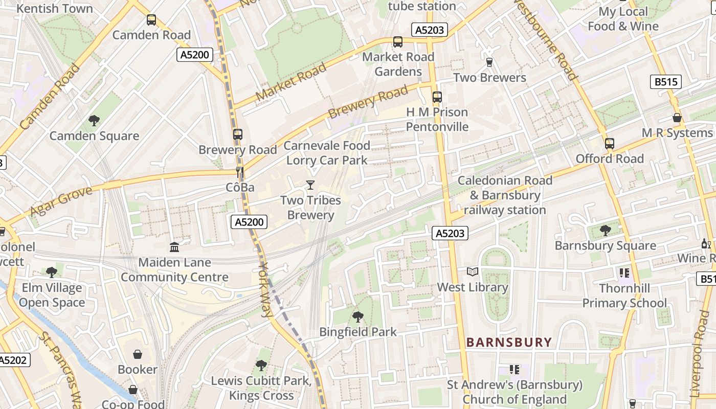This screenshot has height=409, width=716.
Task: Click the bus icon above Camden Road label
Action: [x=151, y=20]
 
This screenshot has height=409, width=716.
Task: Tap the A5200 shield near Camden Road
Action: [x=195, y=55]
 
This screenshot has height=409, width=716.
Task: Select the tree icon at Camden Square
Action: [x=94, y=121]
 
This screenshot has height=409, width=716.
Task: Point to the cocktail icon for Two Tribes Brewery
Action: [x=310, y=185]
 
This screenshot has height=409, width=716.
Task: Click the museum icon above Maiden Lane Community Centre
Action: [x=174, y=247]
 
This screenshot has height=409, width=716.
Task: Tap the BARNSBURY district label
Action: [x=509, y=342]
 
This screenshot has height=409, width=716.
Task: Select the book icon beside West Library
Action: [x=473, y=272]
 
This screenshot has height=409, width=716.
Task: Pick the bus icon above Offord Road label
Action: [x=609, y=143]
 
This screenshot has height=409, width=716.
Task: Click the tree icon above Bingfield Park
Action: [x=358, y=316]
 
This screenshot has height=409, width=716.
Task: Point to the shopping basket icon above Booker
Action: [x=137, y=354]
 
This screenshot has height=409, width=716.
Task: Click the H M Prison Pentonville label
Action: [x=437, y=119]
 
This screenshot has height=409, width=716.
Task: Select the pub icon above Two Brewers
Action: [x=489, y=62]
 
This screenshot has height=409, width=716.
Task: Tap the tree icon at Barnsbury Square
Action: [x=605, y=230]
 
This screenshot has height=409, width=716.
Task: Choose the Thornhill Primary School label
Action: [x=624, y=296]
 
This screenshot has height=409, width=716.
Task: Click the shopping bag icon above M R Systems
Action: [x=677, y=118]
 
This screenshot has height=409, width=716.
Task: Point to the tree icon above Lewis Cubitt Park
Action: [x=261, y=365]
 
